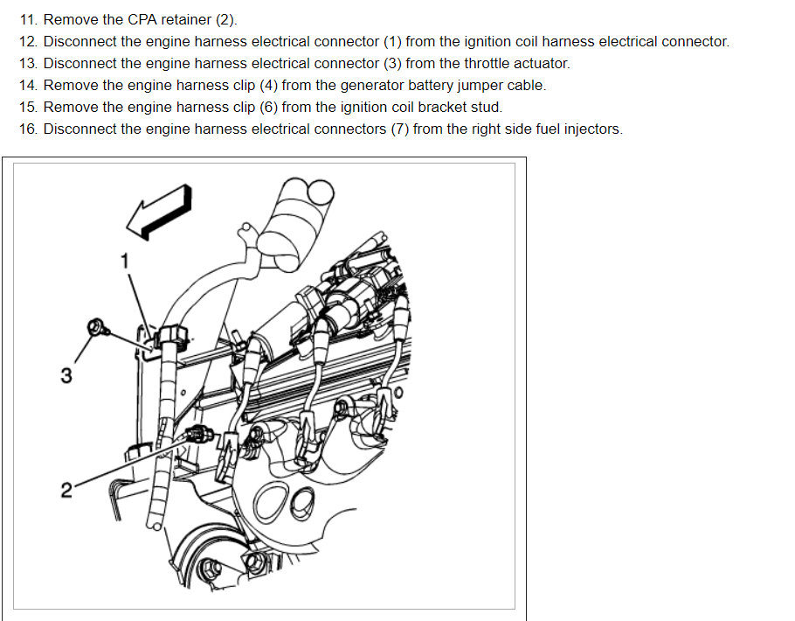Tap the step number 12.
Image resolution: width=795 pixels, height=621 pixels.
click(28, 41)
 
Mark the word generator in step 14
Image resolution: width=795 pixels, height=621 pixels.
click(384, 85)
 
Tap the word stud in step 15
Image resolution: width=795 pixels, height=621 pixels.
click(487, 107)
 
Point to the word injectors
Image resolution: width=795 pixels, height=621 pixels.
click(592, 129)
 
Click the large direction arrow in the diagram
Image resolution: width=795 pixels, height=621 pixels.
click(158, 211)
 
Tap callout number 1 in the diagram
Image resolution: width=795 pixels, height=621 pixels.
click(124, 260)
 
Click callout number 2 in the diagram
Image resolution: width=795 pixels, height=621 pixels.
click(66, 490)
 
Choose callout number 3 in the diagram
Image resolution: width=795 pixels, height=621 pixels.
click(66, 376)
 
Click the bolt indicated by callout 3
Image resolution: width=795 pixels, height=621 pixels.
click(96, 329)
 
